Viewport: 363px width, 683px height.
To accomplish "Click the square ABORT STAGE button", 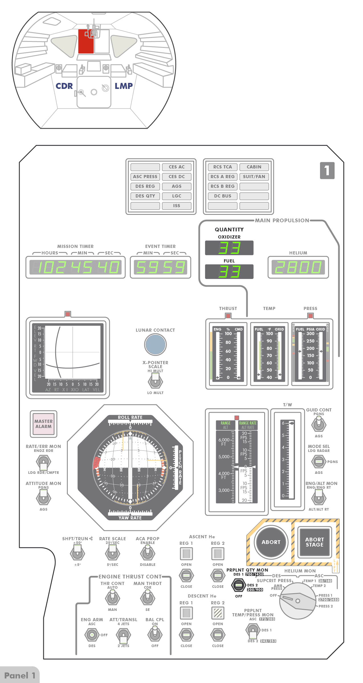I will pyautogui.click(x=314, y=542).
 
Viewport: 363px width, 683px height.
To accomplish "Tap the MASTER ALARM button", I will pyautogui.click(x=44, y=424).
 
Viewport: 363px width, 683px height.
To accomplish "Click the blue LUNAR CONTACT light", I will pyautogui.click(x=155, y=344).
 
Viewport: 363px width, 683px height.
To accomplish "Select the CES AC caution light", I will pyautogui.click(x=177, y=167).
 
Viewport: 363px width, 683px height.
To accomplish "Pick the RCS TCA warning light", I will pyautogui.click(x=223, y=167).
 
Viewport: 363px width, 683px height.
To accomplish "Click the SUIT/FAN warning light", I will pyautogui.click(x=254, y=177).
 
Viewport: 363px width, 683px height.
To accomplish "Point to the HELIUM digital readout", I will pyautogui.click(x=298, y=267).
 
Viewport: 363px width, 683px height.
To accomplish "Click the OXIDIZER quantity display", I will pyautogui.click(x=229, y=248).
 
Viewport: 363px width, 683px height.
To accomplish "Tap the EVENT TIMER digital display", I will pyautogui.click(x=161, y=267).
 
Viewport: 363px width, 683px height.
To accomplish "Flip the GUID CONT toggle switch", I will pyautogui.click(x=319, y=424).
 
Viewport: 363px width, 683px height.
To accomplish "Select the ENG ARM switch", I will pyautogui.click(x=92, y=635).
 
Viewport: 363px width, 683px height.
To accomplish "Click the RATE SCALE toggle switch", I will pyautogui.click(x=112, y=553).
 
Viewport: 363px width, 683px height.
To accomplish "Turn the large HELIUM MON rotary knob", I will pyautogui.click(x=298, y=601).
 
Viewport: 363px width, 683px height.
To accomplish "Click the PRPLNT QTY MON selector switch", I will pyautogui.click(x=239, y=585).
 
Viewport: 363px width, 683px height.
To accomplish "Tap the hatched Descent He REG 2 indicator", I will pyautogui.click(x=218, y=613).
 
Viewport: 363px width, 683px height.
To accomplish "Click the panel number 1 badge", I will pyautogui.click(x=327, y=170).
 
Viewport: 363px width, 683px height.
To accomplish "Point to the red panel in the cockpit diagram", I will pyautogui.click(x=86, y=42).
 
